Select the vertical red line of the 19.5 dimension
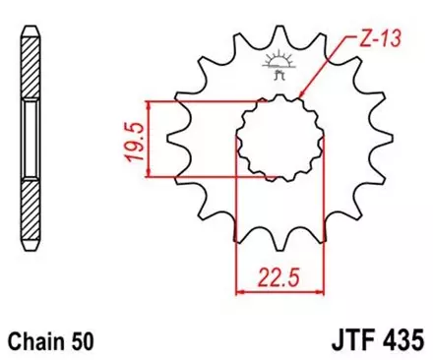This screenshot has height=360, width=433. (x=148, y=139)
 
